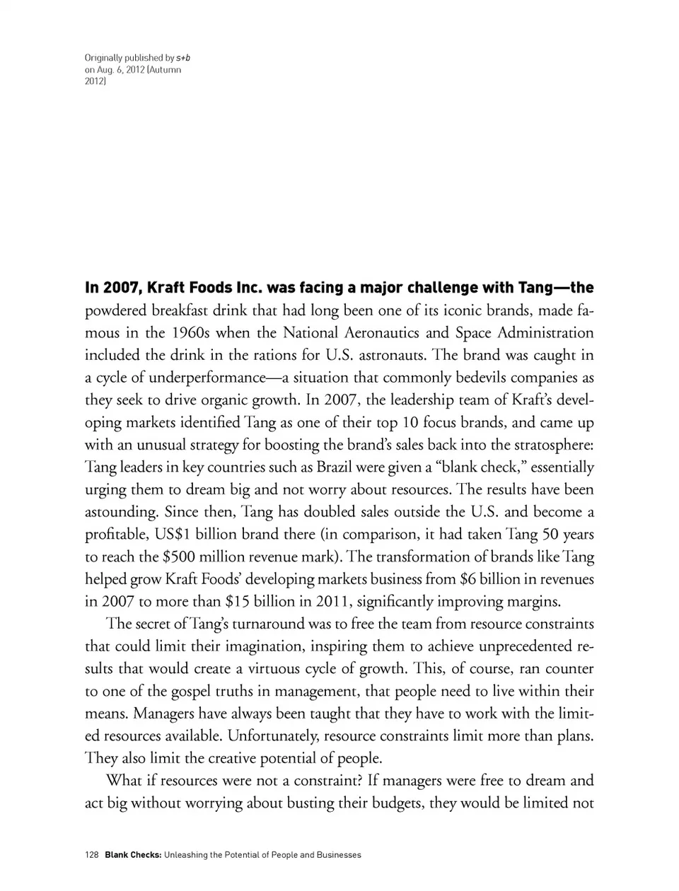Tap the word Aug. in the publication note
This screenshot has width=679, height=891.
108,70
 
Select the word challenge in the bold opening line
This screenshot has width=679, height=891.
419,288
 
